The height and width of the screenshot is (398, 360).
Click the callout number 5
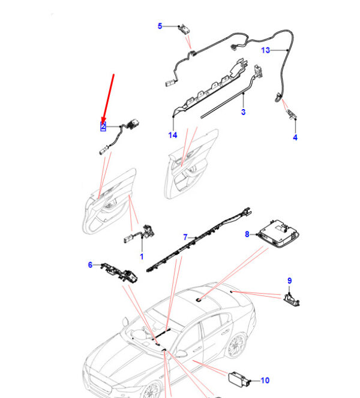[160, 26]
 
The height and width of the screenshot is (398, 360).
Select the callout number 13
[265, 50]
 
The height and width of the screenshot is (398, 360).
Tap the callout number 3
[243, 112]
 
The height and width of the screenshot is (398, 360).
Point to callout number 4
[295, 137]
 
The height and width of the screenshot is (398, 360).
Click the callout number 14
[173, 135]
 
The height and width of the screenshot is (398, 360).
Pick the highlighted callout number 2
[103, 126]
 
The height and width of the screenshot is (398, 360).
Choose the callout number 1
[142, 257]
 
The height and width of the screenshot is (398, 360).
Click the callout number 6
[90, 265]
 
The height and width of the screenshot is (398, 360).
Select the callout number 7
[185, 237]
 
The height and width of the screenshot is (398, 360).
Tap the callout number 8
[247, 234]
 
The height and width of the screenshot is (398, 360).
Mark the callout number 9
[290, 281]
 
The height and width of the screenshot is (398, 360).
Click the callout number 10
[265, 380]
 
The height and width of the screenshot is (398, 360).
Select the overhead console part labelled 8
[279, 234]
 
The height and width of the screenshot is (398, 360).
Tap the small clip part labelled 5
[184, 30]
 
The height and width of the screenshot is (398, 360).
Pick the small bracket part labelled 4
[291, 114]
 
